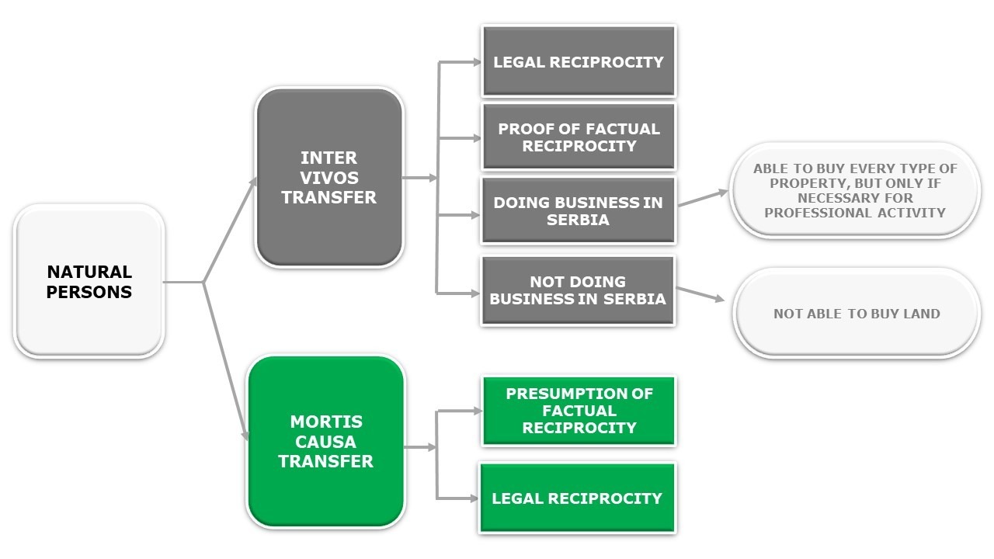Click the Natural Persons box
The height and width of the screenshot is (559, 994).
(x=89, y=281)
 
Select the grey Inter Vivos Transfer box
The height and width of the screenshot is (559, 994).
(x=329, y=178)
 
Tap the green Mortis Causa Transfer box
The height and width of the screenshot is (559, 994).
(x=326, y=441)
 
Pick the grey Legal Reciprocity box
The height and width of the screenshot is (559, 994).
(x=579, y=61)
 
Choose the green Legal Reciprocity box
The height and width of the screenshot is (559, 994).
(x=577, y=498)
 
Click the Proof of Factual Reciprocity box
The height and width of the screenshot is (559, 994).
(x=579, y=137)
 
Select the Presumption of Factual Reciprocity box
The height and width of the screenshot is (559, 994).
(x=579, y=411)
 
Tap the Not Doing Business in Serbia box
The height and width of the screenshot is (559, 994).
(x=578, y=290)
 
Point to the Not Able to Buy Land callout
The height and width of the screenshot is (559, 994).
(x=857, y=314)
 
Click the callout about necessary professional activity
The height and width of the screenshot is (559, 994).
(x=855, y=190)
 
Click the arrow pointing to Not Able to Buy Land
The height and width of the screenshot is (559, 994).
(x=700, y=294)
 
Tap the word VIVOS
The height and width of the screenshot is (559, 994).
(x=328, y=178)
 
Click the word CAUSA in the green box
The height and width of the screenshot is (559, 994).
(x=325, y=441)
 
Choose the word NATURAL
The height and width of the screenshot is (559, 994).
(x=89, y=272)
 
